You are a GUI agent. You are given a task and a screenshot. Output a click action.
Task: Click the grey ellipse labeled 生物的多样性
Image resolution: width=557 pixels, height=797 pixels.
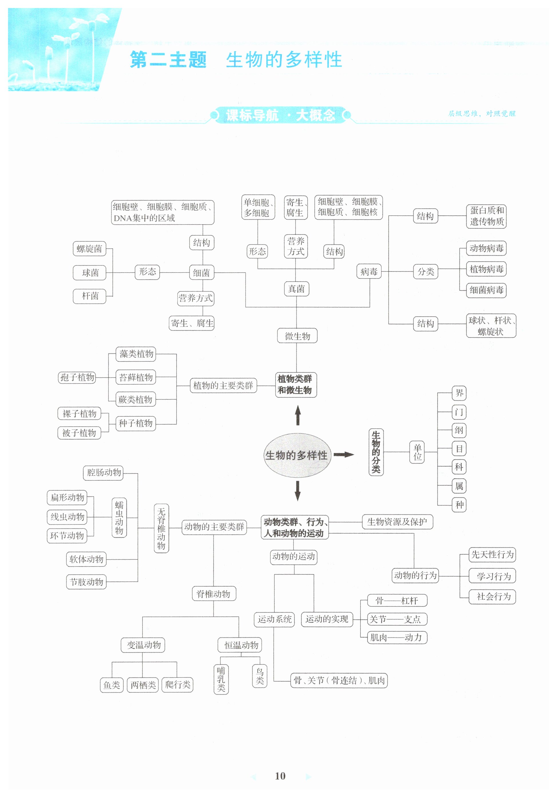click(297, 455)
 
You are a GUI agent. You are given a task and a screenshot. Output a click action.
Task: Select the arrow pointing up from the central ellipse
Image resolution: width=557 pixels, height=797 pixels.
click(298, 416)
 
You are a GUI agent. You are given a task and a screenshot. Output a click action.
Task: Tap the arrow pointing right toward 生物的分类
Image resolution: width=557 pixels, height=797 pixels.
click(344, 455)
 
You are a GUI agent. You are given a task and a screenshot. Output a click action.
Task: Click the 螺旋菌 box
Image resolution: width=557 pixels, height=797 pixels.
click(89, 249)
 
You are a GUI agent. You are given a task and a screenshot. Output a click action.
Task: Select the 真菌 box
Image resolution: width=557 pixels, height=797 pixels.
click(296, 289)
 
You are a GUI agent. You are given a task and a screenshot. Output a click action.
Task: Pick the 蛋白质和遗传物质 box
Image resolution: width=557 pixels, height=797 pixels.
click(486, 216)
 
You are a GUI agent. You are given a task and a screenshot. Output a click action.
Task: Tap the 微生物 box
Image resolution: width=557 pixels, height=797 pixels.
click(297, 336)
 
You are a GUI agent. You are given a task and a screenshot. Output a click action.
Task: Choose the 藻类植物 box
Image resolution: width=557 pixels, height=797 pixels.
click(136, 354)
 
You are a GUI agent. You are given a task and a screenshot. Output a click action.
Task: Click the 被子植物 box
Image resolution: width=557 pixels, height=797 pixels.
click(79, 433)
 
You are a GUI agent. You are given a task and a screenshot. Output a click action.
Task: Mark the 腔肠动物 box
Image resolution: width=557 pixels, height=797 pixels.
click(103, 472)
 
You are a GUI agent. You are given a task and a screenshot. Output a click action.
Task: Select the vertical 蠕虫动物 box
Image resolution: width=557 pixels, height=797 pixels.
click(119, 518)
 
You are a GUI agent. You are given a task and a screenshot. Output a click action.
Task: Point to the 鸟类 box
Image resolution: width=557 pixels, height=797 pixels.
click(259, 675)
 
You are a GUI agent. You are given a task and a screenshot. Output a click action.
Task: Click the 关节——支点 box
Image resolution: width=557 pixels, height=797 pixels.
click(397, 619)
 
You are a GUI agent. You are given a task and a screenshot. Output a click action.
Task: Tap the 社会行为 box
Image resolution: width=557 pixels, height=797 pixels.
click(492, 597)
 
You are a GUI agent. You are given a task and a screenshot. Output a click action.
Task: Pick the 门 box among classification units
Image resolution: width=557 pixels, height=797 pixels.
click(459, 412)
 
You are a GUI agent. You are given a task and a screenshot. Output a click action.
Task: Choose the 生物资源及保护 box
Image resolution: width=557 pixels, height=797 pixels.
click(397, 522)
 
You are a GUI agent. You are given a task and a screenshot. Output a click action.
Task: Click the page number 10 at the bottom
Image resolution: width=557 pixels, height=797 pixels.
click(280, 776)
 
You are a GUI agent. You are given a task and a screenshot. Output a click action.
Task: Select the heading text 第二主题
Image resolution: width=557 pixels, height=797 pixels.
click(168, 60)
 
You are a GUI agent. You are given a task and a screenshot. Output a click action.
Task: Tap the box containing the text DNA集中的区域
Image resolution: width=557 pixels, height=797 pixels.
click(162, 212)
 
